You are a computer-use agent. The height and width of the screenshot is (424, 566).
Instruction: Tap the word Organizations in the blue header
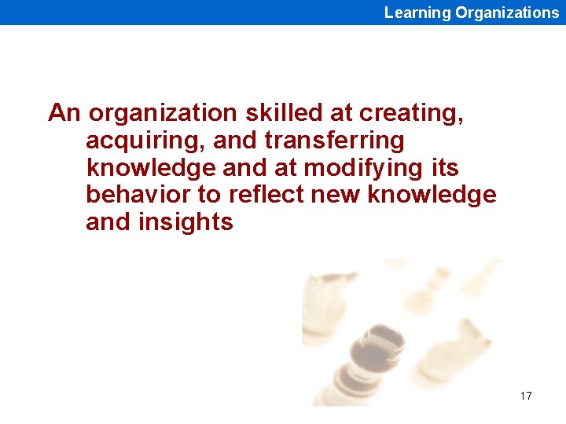pyautogui.click(x=507, y=13)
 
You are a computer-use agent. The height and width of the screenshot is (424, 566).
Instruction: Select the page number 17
pyautogui.click(x=526, y=396)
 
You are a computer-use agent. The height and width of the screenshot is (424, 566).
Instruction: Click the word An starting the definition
pyautogui.click(x=64, y=113)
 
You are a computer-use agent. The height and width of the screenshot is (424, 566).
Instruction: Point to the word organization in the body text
pyautogui.click(x=163, y=114)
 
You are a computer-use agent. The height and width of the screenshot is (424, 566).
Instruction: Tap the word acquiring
pyautogui.click(x=132, y=141)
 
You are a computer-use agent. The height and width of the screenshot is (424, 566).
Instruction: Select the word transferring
pyautogui.click(x=335, y=141)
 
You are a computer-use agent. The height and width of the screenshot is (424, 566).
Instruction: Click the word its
pyautogui.click(x=444, y=168)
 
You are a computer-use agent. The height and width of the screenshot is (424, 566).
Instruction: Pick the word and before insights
pyautogui.click(x=108, y=222)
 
